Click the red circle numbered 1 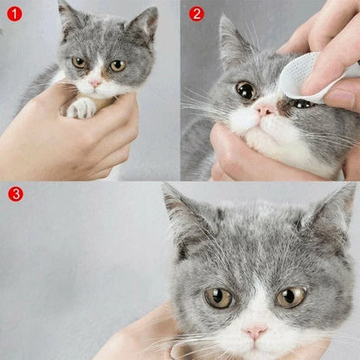[15, 14]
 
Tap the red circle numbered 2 [196, 14]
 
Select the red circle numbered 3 [15, 194]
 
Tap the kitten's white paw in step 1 [82, 107]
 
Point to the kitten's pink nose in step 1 [95, 83]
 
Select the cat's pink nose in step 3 [255, 331]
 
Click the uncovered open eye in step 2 [246, 90]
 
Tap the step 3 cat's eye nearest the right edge [290, 297]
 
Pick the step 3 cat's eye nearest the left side [218, 298]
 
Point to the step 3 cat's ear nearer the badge [183, 217]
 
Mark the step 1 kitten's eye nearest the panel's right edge [117, 65]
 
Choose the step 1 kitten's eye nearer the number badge [80, 62]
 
